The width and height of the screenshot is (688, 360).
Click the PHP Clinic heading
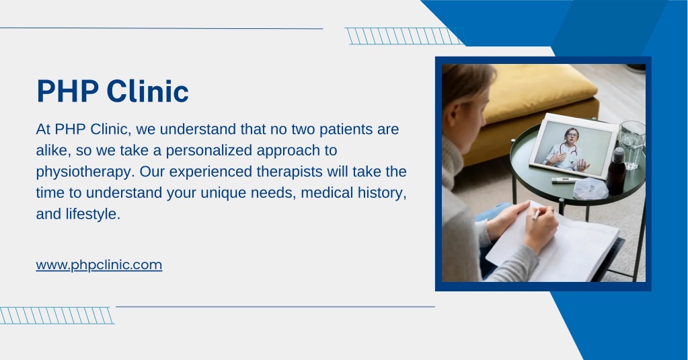[113, 92]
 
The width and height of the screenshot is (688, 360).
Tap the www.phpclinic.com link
[99, 265]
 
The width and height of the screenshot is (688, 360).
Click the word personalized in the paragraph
[209, 151]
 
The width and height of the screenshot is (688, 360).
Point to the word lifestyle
[93, 214]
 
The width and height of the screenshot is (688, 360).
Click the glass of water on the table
[632, 145]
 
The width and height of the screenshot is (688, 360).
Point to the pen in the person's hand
[536, 214]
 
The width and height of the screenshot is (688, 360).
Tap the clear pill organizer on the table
[590, 189]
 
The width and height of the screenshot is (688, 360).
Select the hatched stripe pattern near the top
[405, 36]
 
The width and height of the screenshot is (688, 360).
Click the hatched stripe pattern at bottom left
[56, 316]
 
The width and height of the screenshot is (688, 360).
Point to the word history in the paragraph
[380, 193]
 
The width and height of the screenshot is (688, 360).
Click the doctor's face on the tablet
[571, 135]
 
